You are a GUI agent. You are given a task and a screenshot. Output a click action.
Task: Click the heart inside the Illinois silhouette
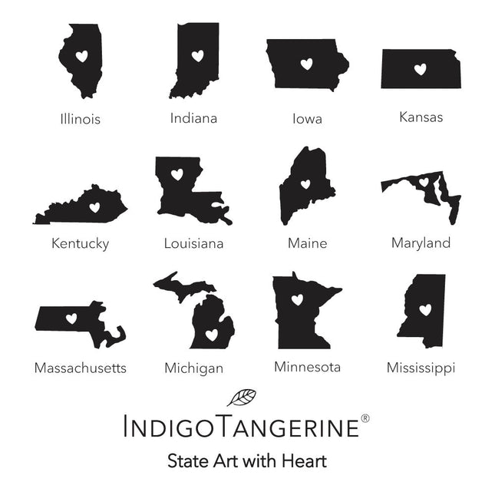coord(83,56)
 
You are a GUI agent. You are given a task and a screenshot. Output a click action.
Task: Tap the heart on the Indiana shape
coord(197,55)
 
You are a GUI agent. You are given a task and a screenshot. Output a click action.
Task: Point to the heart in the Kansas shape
coord(420,69)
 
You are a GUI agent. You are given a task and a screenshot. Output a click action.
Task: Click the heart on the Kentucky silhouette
coord(95,206)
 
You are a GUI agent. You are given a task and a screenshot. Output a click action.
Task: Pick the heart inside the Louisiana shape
coord(177,174)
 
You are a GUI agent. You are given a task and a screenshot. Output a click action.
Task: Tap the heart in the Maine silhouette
coord(305,184)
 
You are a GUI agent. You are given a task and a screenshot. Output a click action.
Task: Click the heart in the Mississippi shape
coord(425,309)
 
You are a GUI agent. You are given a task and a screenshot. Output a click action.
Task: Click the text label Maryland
coord(421,243)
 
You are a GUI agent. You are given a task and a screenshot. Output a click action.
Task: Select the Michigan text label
coord(193,368)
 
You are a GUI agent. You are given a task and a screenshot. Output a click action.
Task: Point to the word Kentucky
coord(80,244)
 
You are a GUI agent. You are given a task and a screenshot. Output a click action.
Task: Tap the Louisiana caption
coord(193,244)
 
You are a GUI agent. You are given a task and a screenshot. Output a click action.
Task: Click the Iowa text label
coord(307,119)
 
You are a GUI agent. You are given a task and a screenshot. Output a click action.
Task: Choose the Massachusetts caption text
coord(80,368)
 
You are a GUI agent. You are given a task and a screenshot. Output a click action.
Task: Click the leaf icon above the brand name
coord(242,398)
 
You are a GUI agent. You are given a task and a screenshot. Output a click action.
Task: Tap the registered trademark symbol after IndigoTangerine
coord(365,418)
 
